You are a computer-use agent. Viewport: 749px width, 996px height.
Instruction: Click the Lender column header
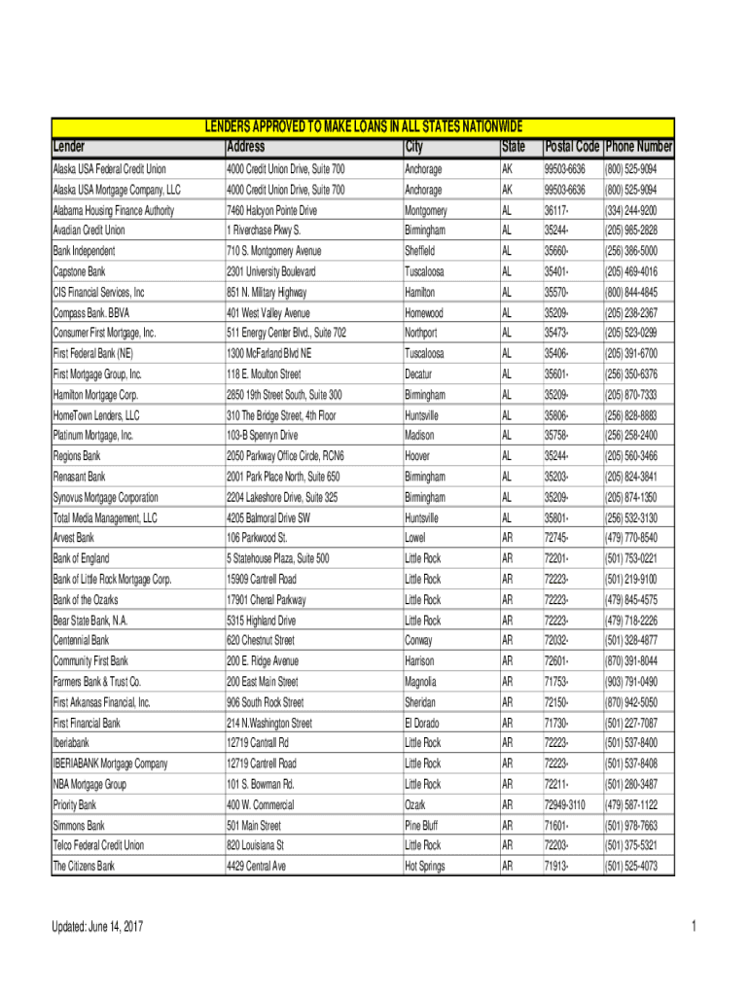pyautogui.click(x=69, y=147)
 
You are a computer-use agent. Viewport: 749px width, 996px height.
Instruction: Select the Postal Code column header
pyautogui.click(x=572, y=147)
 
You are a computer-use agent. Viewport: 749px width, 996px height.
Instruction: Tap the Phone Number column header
pyautogui.click(x=638, y=147)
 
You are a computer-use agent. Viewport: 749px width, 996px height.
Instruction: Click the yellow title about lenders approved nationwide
pyautogui.click(x=362, y=127)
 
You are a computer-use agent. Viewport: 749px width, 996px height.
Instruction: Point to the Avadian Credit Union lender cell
pyautogui.click(x=89, y=231)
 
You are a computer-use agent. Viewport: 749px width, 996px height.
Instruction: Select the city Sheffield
pyautogui.click(x=422, y=251)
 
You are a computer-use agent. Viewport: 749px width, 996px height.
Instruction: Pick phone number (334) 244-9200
pyautogui.click(x=630, y=210)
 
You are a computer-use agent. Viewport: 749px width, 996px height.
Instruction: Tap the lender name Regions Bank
pyautogui.click(x=77, y=455)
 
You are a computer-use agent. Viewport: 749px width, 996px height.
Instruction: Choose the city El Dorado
pyautogui.click(x=423, y=723)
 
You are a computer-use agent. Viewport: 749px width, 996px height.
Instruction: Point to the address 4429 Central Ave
pyautogui.click(x=256, y=866)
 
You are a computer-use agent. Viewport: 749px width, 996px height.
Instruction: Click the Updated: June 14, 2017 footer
pyautogui.click(x=97, y=927)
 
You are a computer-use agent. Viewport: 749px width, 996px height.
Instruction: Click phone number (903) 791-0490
pyautogui.click(x=630, y=682)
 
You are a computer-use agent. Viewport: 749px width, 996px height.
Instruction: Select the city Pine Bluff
pyautogui.click(x=422, y=825)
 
